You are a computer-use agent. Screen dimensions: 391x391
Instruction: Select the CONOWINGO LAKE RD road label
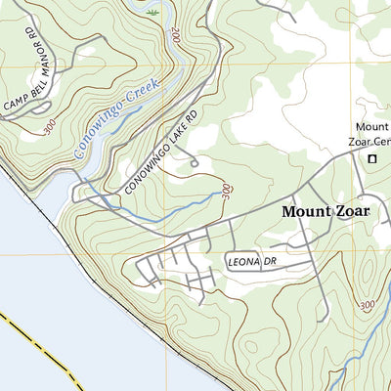[x=161, y=152]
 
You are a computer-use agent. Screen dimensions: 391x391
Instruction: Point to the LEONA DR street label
[x=251, y=262]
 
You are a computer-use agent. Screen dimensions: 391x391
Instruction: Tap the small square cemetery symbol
[x=371, y=158]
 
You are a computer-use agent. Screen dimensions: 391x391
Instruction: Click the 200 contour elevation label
[x=175, y=36]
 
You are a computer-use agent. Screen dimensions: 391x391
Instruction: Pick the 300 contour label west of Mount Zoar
[x=227, y=191]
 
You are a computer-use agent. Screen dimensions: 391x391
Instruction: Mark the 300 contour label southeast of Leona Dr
[x=367, y=306]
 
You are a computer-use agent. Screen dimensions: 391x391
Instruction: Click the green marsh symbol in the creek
[x=152, y=13]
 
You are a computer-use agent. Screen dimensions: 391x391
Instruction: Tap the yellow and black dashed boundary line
[x=39, y=342]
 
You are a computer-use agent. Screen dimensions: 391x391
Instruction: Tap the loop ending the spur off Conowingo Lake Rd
[x=195, y=160]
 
